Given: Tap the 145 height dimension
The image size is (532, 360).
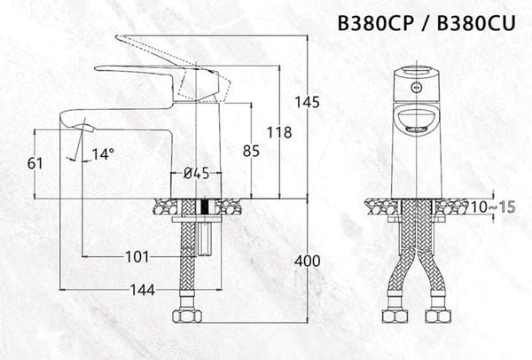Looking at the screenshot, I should click(x=307, y=102).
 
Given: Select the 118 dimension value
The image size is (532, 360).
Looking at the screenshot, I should click(x=278, y=133).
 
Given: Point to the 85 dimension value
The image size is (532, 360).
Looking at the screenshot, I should click(x=251, y=151).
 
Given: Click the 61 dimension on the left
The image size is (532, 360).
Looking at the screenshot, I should click(x=35, y=162).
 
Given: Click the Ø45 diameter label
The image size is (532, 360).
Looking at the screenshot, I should click(x=196, y=174).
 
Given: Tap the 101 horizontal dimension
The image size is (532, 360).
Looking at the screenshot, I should click(x=136, y=257).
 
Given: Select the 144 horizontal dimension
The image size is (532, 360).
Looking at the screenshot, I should click(x=141, y=290).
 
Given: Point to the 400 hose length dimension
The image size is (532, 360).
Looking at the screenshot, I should click(x=307, y=261).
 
